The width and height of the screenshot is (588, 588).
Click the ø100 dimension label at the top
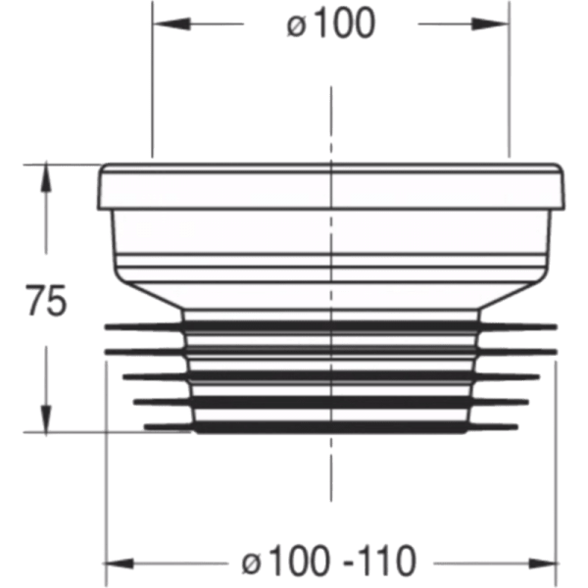pos(330,24)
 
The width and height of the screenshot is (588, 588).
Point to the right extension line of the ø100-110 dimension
pos(555,470)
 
